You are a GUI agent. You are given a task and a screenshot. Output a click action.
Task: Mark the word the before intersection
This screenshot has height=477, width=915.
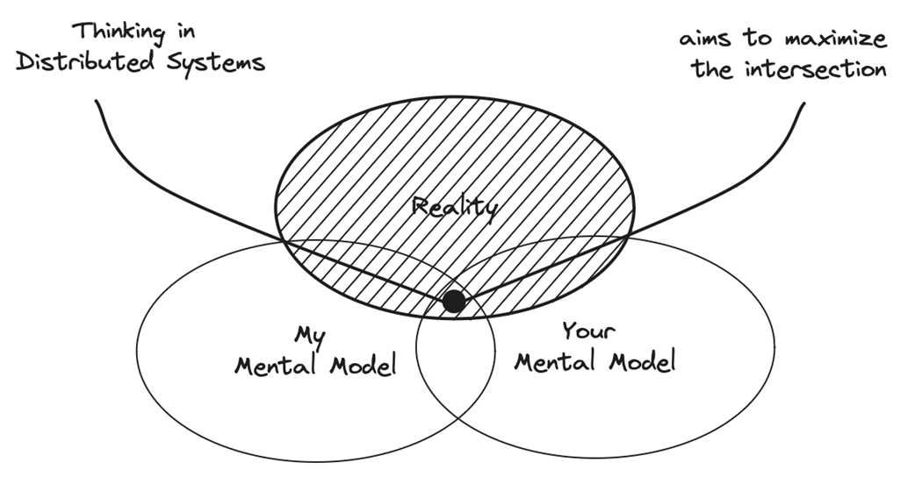(713, 69)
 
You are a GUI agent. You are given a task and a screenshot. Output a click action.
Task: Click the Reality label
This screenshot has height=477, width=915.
(456, 207)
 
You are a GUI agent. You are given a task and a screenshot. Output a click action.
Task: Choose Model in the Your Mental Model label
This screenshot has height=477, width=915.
(640, 361)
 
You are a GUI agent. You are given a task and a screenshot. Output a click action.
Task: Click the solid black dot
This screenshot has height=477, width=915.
(453, 302)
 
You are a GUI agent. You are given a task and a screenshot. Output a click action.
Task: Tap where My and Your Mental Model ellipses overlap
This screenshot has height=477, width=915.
(456, 377)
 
